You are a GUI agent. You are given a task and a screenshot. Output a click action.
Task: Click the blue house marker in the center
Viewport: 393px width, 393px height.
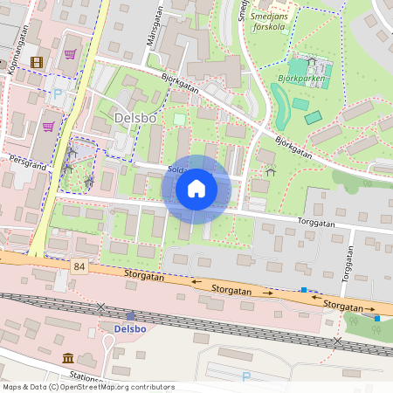[196, 188]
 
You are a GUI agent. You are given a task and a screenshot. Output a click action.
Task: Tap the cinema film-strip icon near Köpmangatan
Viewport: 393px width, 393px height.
[36, 62]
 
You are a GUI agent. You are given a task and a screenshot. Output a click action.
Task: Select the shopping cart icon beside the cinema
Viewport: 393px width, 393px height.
[69, 55]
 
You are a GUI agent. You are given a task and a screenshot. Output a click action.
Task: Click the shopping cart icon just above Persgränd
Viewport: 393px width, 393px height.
[48, 127]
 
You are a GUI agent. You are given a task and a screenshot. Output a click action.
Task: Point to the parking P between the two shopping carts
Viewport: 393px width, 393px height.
[58, 93]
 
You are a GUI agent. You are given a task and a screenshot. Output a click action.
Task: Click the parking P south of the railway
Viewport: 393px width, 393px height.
[245, 376]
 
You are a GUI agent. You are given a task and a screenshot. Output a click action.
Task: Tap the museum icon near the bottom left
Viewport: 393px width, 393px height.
[68, 358]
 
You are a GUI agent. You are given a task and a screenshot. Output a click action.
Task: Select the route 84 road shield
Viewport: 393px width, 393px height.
[80, 265]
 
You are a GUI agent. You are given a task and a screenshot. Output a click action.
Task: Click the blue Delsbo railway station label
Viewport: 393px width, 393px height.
[131, 328]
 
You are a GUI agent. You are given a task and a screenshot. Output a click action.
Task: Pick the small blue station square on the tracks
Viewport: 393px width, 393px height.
[131, 316]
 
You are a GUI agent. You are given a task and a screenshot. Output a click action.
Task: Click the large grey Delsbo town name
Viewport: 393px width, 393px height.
[136, 117]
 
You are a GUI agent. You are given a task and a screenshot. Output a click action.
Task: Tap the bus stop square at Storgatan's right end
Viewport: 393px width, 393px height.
[377, 319]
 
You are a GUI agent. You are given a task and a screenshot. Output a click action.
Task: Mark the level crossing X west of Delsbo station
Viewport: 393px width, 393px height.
[101, 307]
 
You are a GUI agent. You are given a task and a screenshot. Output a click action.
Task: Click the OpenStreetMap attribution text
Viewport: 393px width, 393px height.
[89, 387]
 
